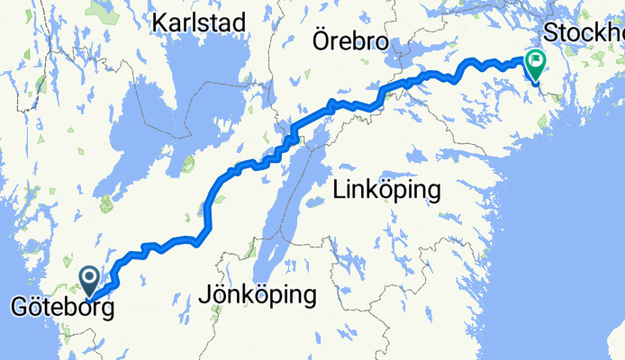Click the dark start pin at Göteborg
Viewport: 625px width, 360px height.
tap(91, 280)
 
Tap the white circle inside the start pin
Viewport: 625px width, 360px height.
tap(91, 276)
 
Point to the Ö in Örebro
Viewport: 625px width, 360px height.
tap(320, 40)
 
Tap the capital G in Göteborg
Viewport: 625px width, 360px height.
tap(18, 310)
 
